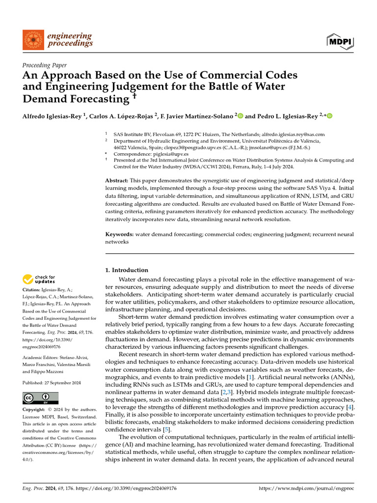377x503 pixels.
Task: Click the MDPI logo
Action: pyautogui.click(x=340, y=42)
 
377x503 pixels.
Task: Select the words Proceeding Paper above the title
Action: pyautogui.click(x=45, y=65)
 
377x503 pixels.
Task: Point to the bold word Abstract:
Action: pyautogui.click(x=117, y=181)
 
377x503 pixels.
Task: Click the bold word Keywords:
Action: pyautogui.click(x=119, y=234)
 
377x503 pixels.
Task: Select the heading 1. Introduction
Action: pyautogui.click(x=127, y=270)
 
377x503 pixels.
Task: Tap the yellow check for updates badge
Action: pyautogui.click(x=39, y=279)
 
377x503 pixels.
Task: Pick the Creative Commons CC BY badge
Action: pyautogui.click(x=40, y=398)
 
